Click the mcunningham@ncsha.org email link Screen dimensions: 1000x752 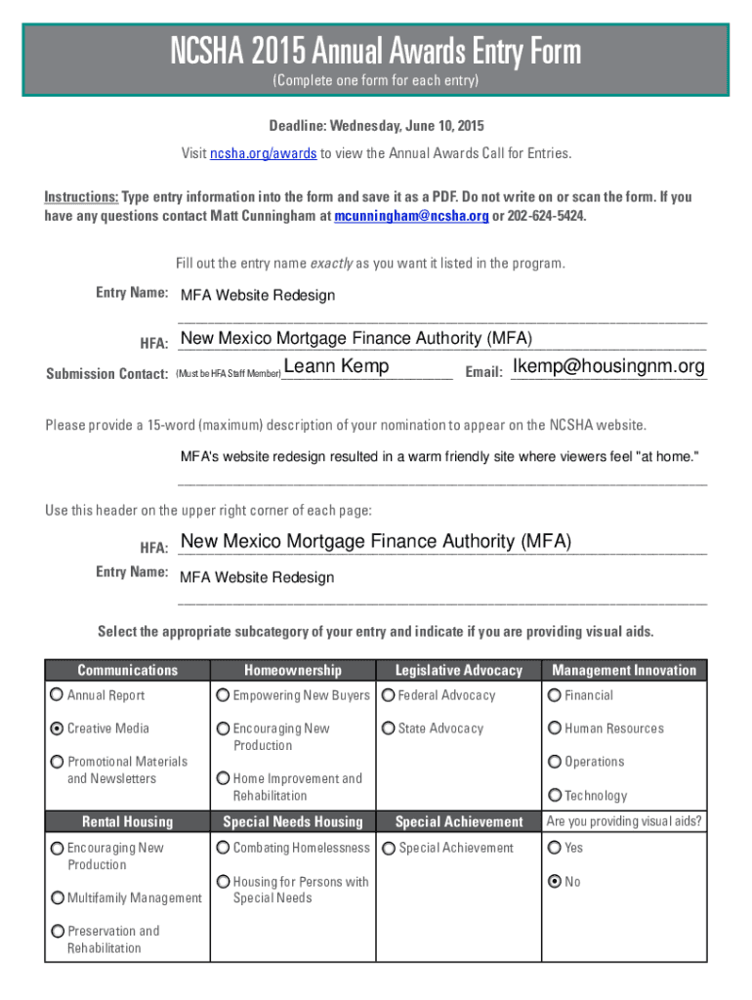pyautogui.click(x=411, y=216)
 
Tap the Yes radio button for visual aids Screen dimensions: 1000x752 pyautogui.click(x=555, y=848)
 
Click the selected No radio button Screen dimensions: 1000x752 pyautogui.click(x=555, y=882)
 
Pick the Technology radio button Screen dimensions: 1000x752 pyautogui.click(x=555, y=796)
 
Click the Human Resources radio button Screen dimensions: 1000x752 pyautogui.click(x=555, y=729)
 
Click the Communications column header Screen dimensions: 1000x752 pyautogui.click(x=128, y=670)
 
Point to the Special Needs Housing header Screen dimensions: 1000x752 pyautogui.click(x=293, y=822)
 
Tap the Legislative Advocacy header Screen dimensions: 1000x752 pyautogui.click(x=458, y=670)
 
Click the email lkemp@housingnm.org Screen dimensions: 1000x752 pyautogui.click(x=607, y=367)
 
